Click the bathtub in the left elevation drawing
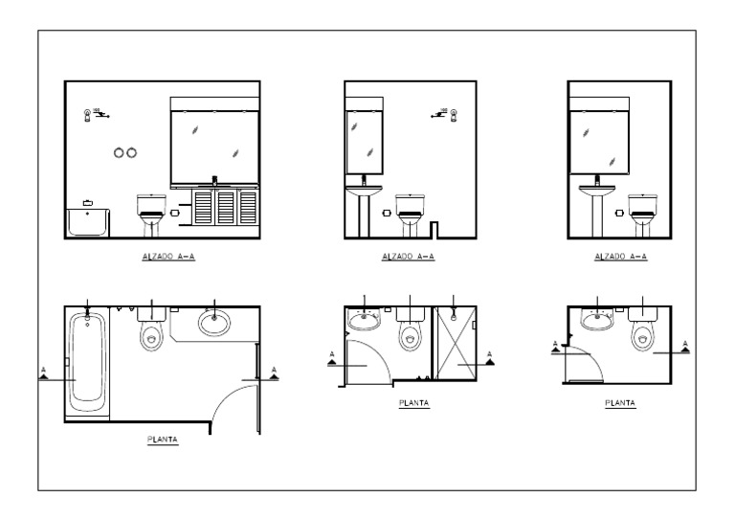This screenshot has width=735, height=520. coord(88,223)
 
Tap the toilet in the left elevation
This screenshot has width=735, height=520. coord(151,214)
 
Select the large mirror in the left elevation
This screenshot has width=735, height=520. coord(214,144)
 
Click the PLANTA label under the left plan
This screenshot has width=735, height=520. coord(162,441)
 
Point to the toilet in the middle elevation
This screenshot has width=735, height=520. coord(410,213)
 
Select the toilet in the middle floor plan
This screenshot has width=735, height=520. coord(409,331)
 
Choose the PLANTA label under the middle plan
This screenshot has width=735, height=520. coord(413,403)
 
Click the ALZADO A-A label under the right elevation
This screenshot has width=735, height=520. coord(621,257)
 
